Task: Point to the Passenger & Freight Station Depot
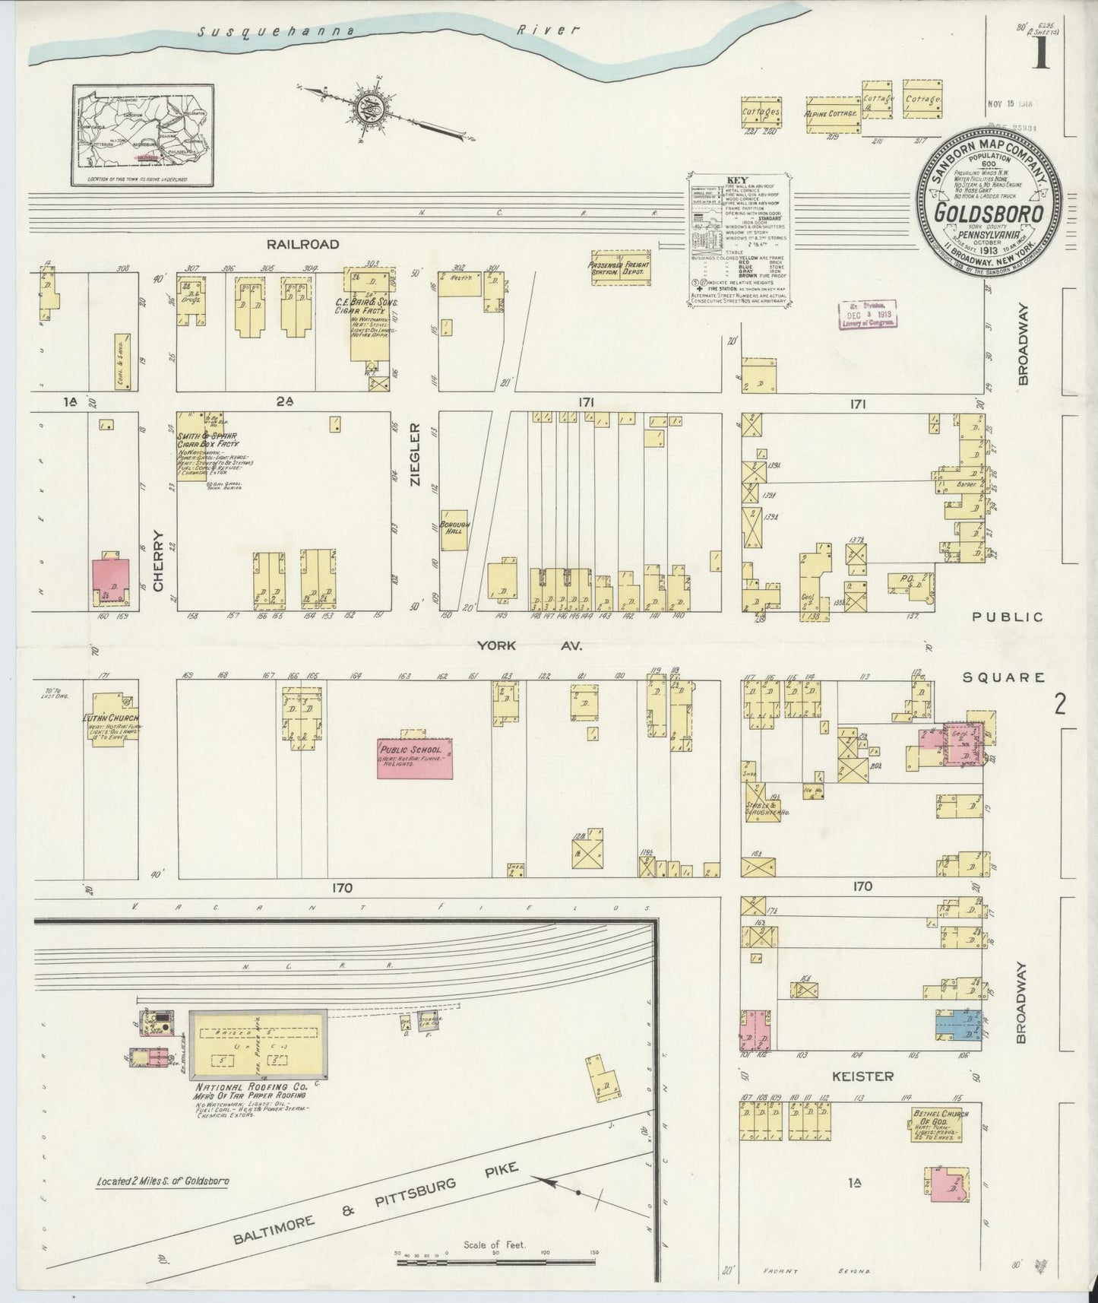[621, 268]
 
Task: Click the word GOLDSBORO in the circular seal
[988, 214]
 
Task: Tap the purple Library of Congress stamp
[869, 314]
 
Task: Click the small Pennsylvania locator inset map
[144, 135]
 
